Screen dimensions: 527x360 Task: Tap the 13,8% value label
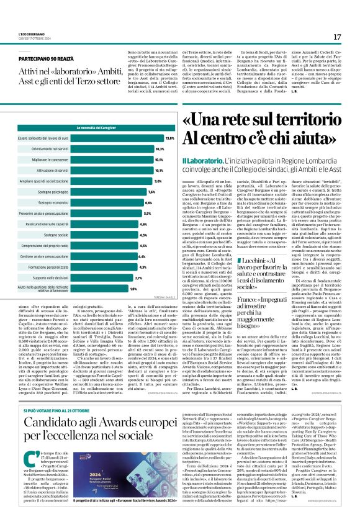[x=169, y=138]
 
